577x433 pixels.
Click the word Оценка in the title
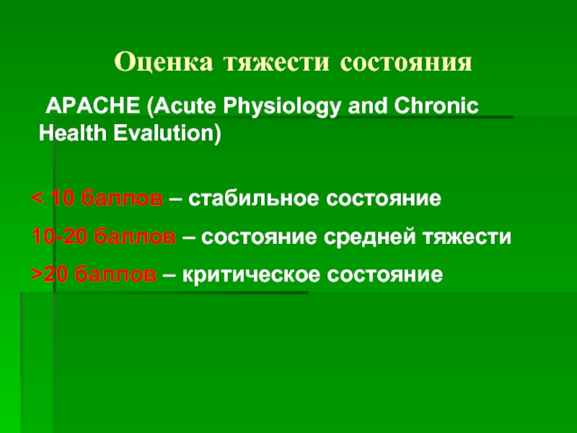164,61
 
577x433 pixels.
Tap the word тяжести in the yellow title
276,62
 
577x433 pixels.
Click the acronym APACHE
92,106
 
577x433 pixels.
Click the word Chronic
436,106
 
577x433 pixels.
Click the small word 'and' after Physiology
367,106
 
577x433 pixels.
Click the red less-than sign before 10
37,198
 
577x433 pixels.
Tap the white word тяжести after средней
467,237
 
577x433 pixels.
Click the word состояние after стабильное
384,199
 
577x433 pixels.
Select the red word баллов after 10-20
135,236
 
